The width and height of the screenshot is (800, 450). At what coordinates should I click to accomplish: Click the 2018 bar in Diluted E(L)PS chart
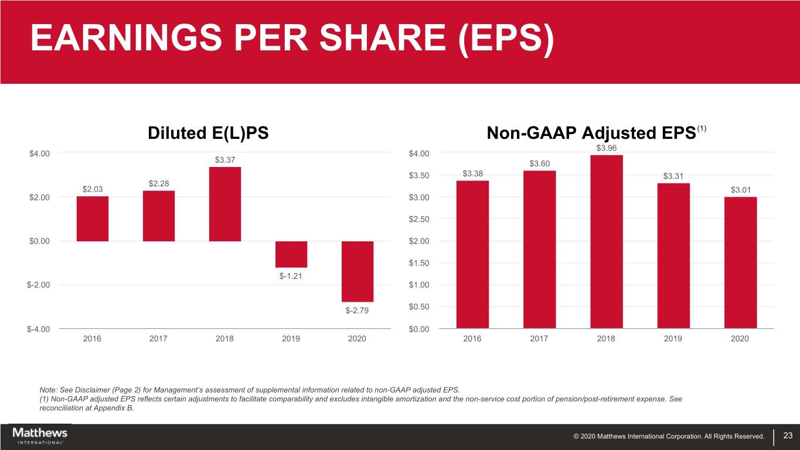225,204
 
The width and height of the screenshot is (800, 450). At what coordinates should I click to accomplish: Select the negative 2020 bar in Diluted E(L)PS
358,271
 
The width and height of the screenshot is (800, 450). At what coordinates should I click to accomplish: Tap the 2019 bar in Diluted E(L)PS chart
291,254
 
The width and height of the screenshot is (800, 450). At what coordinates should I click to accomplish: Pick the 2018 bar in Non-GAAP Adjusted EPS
607,241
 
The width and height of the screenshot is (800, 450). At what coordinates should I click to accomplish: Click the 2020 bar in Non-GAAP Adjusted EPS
740,262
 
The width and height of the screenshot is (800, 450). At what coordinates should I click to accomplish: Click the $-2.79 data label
357,311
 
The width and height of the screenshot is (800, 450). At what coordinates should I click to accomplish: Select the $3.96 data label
607,148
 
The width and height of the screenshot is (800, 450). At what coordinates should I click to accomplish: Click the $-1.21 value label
291,277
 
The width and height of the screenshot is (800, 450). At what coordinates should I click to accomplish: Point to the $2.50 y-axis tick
419,219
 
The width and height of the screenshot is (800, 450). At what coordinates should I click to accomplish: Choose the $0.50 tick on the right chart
419,307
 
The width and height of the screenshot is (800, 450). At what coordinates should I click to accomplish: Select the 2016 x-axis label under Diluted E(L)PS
92,339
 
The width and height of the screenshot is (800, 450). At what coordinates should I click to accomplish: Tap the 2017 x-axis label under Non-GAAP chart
539,339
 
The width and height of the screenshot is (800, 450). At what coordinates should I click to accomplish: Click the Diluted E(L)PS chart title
208,134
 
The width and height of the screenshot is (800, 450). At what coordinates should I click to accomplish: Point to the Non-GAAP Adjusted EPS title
591,134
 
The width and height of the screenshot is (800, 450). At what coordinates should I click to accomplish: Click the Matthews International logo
40,435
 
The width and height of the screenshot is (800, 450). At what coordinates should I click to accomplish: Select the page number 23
788,435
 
